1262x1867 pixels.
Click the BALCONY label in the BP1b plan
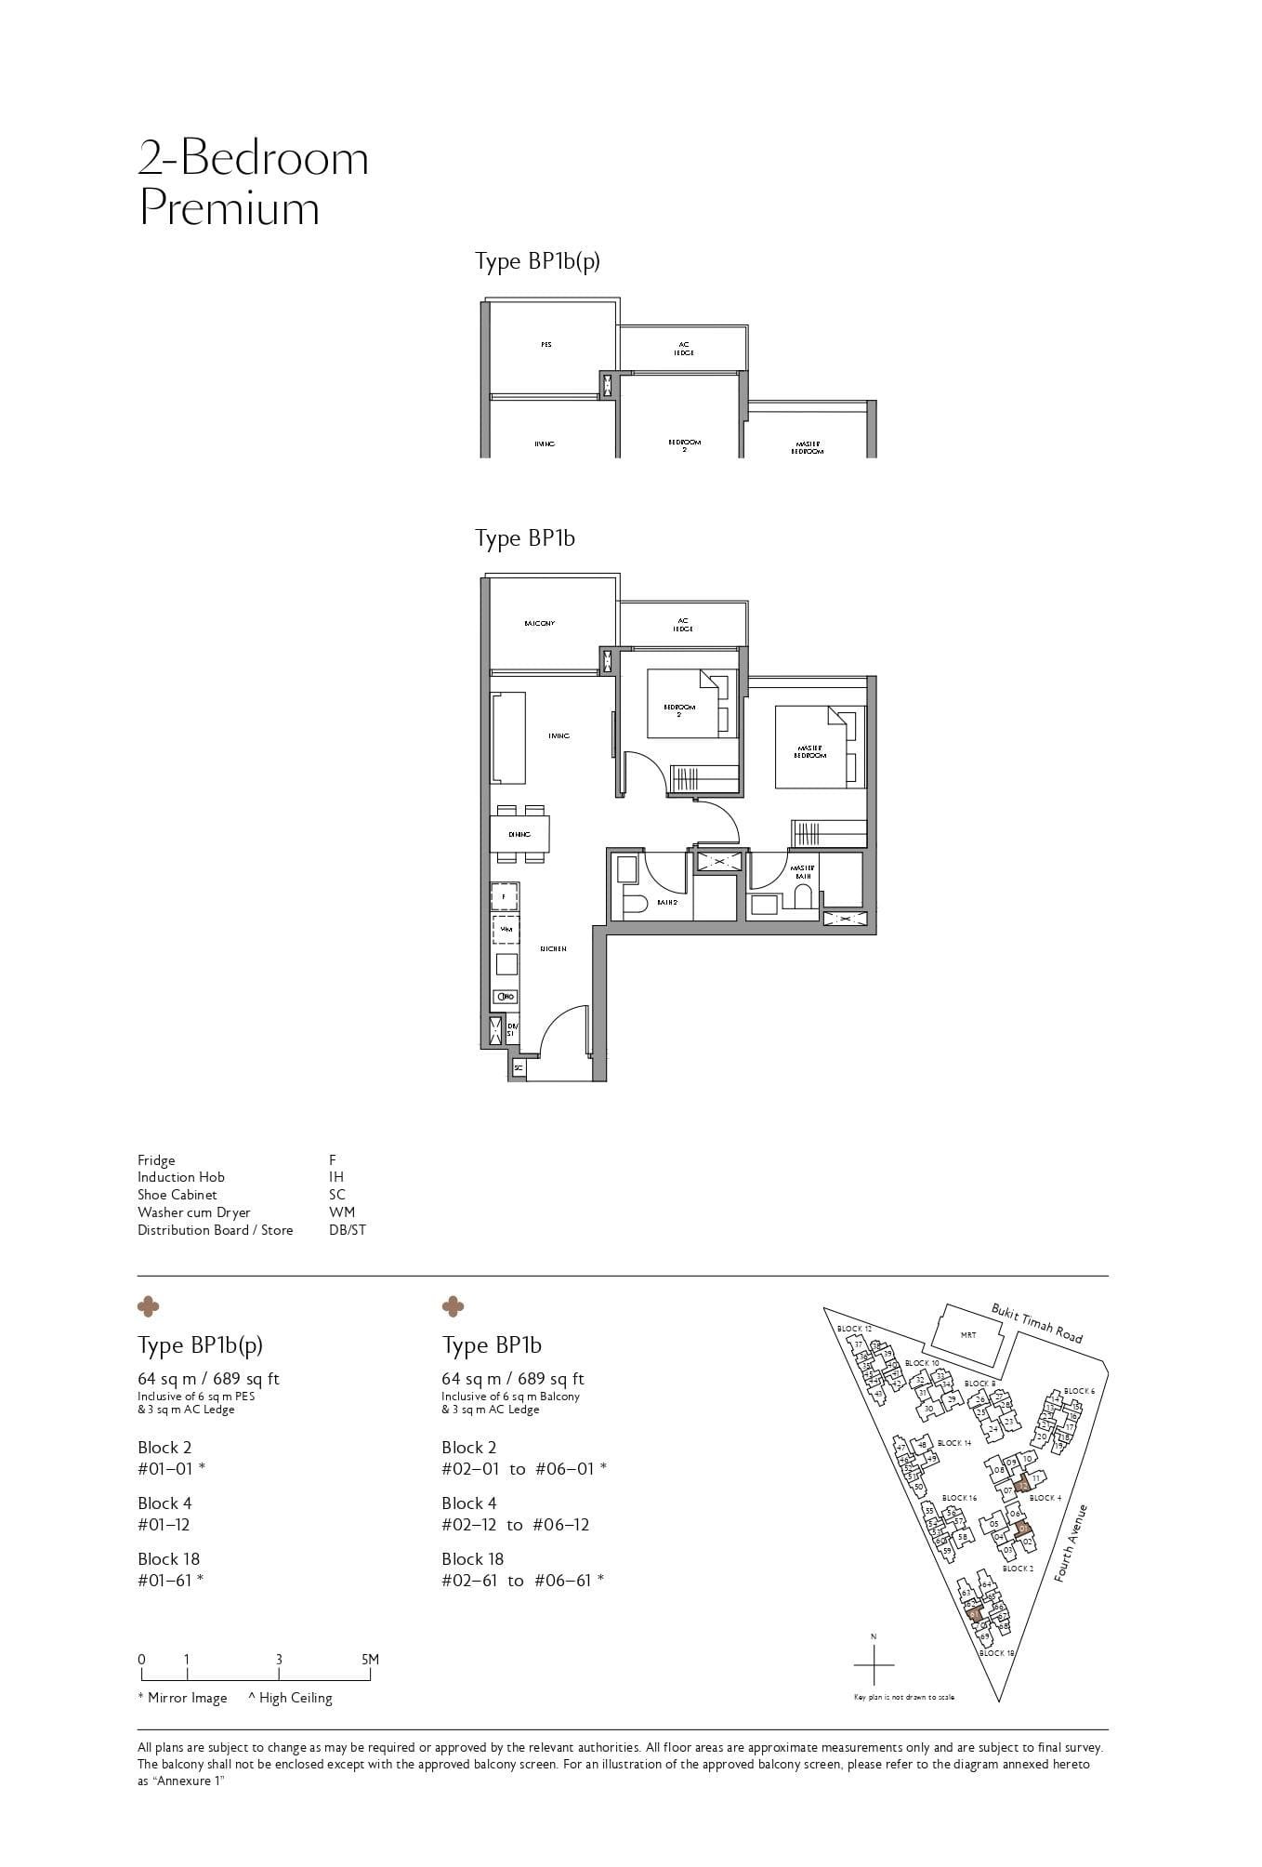pyautogui.click(x=539, y=623)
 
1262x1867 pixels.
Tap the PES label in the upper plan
pyautogui.click(x=546, y=345)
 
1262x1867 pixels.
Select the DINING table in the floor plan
pyautogui.click(x=519, y=834)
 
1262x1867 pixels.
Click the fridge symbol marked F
pyautogui.click(x=505, y=896)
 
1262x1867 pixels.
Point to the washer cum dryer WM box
pyautogui.click(x=506, y=929)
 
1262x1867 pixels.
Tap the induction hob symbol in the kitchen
pyautogui.click(x=506, y=996)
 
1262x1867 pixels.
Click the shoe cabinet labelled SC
pyautogui.click(x=518, y=1068)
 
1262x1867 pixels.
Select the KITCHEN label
pyautogui.click(x=553, y=948)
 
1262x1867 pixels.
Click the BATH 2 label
pyautogui.click(x=665, y=902)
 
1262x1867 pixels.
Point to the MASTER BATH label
pyautogui.click(x=802, y=872)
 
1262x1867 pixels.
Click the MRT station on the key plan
pyautogui.click(x=967, y=1335)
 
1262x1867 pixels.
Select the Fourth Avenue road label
pyautogui.click(x=1071, y=1543)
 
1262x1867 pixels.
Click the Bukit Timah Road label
pyautogui.click(x=1036, y=1322)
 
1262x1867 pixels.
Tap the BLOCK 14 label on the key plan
pyautogui.click(x=954, y=1443)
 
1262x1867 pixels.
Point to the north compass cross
pyautogui.click(x=873, y=1664)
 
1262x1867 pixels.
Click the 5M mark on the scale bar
pyautogui.click(x=370, y=1659)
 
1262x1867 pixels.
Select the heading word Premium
pyautogui.click(x=230, y=208)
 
